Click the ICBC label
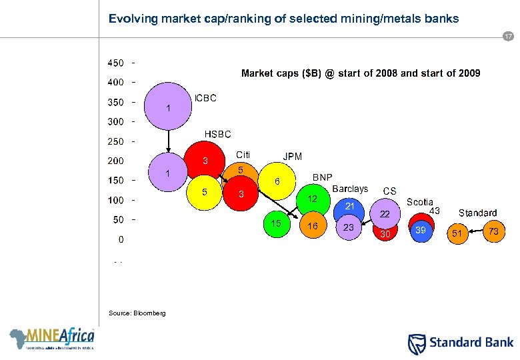[205, 99]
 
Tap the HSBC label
[217, 135]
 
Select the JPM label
[293, 157]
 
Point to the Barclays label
[350, 189]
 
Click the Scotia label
[420, 202]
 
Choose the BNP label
[323, 177]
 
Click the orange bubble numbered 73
[493, 231]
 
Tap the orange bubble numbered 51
[457, 233]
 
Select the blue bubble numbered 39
[421, 230]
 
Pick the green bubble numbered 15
[276, 225]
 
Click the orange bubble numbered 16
[312, 227]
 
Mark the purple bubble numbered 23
[348, 227]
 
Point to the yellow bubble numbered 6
[277, 181]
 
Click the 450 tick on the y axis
[115, 63]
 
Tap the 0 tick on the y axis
[120, 239]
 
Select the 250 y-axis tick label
[115, 141]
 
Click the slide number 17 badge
[508, 37]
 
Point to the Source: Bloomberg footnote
[128, 313]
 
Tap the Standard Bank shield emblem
[415, 343]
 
